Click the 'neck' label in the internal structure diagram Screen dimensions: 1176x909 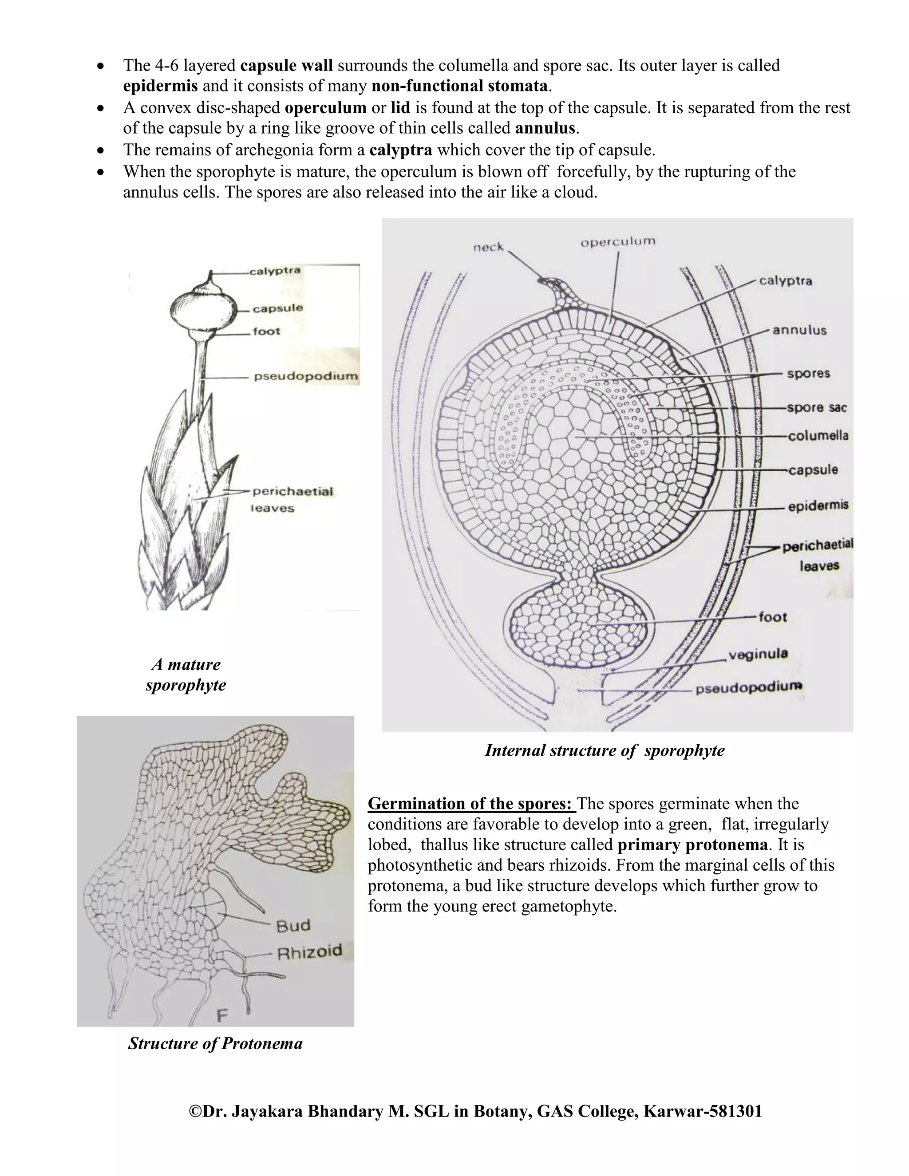488,247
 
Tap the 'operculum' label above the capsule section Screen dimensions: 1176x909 618,242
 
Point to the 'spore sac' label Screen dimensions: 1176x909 816,408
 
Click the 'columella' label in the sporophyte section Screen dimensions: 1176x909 818,436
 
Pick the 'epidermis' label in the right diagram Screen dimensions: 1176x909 818,505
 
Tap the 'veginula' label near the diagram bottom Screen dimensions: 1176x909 758,654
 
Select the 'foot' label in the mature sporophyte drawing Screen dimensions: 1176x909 267,331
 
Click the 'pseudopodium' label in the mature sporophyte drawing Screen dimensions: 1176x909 305,376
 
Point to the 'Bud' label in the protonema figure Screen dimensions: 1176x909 293,926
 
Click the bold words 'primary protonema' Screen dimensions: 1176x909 692,845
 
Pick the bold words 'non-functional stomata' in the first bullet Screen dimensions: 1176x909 459,86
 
